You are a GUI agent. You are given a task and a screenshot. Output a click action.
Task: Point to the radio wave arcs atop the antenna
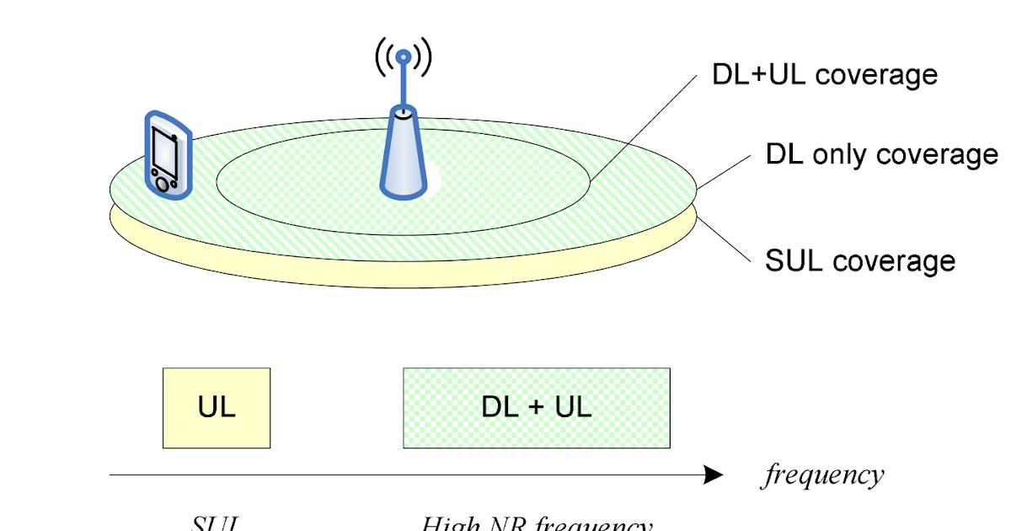[404, 56]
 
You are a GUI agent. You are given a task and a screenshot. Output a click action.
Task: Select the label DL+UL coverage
[825, 75]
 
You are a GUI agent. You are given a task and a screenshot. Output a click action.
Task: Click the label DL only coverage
[881, 155]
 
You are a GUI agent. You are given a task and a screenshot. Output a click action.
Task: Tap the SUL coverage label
[860, 260]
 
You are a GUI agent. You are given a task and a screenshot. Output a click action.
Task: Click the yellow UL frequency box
[217, 408]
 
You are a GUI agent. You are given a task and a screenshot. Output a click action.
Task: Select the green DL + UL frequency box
[537, 408]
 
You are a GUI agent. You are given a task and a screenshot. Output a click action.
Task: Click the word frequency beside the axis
[824, 475]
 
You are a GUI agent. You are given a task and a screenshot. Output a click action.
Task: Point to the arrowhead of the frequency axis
[714, 476]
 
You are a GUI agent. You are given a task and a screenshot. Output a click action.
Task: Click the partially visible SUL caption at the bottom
[216, 523]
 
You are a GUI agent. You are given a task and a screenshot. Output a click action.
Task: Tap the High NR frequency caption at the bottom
[537, 524]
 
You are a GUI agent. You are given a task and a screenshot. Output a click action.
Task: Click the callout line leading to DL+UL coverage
[645, 126]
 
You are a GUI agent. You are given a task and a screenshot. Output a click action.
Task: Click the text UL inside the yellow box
[217, 408]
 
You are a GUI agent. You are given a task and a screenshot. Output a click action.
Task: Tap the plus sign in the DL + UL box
[537, 409]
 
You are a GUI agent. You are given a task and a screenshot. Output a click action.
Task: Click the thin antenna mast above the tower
[404, 84]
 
